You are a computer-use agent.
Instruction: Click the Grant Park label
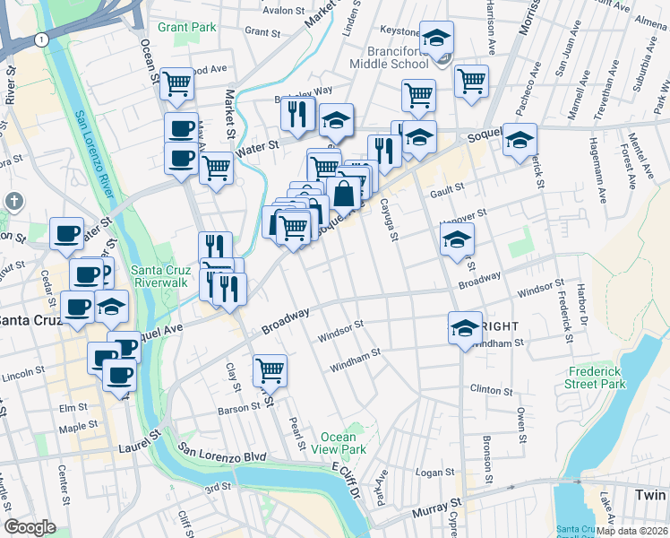pyautogui.click(x=187, y=27)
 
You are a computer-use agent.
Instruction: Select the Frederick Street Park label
pyautogui.click(x=597, y=377)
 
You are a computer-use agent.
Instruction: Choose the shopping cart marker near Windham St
pyautogui.click(x=270, y=369)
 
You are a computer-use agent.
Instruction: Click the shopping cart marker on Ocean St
pyautogui.click(x=177, y=83)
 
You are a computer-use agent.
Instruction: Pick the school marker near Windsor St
pyautogui.click(x=465, y=328)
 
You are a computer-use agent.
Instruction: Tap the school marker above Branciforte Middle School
pyautogui.click(x=436, y=38)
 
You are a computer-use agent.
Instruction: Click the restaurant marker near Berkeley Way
pyautogui.click(x=296, y=114)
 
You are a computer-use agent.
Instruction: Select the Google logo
pyautogui.click(x=30, y=527)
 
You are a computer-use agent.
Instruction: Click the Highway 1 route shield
pyautogui.click(x=41, y=39)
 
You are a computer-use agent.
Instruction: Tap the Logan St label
pyautogui.click(x=437, y=472)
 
